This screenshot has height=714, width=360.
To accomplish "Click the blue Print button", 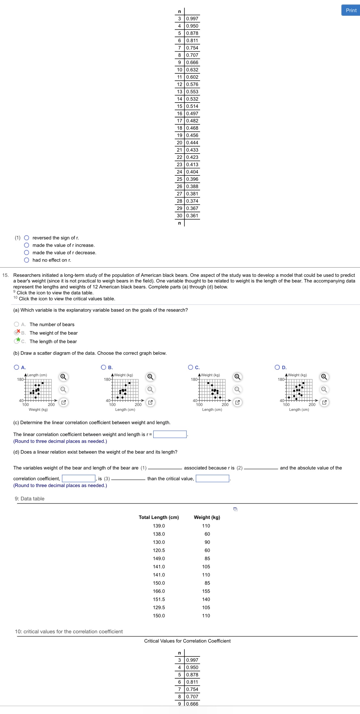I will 351,10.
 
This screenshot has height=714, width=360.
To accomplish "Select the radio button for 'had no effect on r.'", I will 27,260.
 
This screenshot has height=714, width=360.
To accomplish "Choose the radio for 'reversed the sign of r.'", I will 27,238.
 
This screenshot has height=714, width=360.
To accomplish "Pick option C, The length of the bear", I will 17,341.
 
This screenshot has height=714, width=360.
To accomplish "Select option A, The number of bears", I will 17,324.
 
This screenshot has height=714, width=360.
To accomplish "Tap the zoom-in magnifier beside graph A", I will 63,377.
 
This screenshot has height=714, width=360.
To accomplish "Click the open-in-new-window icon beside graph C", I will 237,402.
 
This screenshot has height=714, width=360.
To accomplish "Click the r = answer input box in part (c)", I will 170,434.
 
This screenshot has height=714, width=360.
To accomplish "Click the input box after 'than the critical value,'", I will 212,479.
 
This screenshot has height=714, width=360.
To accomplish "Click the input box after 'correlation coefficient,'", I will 79,479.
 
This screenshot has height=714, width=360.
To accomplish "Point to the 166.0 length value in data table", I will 159,591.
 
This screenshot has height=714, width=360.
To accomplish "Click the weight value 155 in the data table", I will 206,591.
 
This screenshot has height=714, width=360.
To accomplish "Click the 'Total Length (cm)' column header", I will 159,517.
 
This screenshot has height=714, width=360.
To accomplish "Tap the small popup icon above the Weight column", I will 235,509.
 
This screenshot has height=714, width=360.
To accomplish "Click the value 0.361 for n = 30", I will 192,216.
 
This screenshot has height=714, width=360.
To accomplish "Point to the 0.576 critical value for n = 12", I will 192,84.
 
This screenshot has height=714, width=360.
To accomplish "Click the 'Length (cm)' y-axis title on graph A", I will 37,375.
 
